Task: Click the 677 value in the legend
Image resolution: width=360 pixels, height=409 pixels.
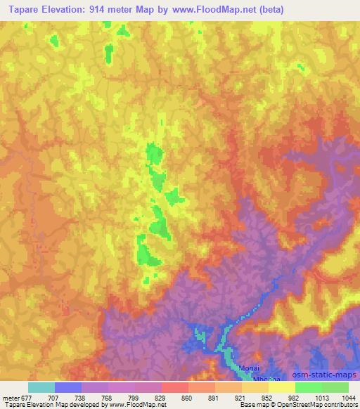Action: click(x=28, y=397)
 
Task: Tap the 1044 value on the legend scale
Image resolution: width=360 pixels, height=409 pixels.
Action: click(x=349, y=397)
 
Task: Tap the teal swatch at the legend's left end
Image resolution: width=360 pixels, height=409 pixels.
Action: click(x=41, y=387)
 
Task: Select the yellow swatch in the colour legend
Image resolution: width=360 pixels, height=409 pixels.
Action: click(x=281, y=387)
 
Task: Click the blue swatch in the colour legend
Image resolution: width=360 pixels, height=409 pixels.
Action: click(x=68, y=387)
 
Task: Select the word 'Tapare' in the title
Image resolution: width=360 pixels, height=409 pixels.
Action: click(x=21, y=9)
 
